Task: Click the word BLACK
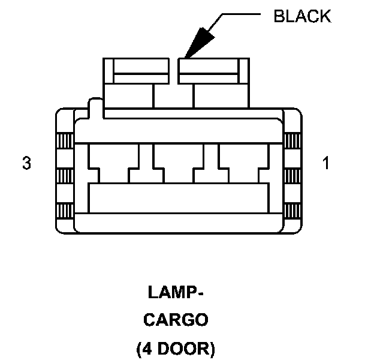click(x=301, y=16)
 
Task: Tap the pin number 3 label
click(x=26, y=163)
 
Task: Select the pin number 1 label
click(x=325, y=163)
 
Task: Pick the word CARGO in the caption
click(x=176, y=320)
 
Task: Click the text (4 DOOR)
click(x=176, y=348)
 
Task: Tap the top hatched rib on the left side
click(x=64, y=141)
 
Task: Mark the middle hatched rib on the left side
click(x=64, y=176)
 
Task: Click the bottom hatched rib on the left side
click(x=64, y=212)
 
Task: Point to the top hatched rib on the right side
click(x=291, y=141)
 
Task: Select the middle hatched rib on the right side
click(x=291, y=176)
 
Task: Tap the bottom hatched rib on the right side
click(x=291, y=212)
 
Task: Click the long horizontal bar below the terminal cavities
click(x=177, y=198)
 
